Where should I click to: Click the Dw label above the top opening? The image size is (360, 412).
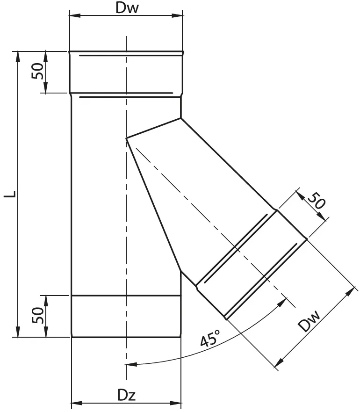point(126,9)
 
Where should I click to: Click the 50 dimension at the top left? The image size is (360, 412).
point(38,72)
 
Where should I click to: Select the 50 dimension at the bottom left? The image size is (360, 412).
point(38,316)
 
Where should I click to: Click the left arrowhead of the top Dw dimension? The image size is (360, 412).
point(74,16)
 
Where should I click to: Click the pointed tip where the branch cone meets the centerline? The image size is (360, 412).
point(127,138)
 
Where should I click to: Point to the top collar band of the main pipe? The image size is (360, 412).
point(126,72)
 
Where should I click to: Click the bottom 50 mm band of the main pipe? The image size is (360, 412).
point(126,316)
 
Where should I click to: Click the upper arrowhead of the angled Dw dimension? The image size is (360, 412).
point(349,292)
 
